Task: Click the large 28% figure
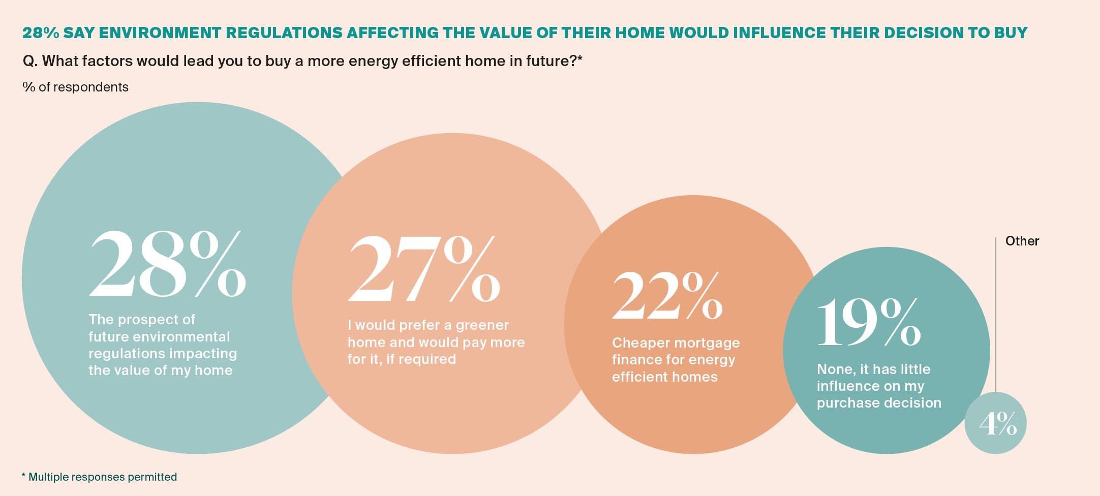168,263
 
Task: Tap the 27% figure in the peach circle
424,268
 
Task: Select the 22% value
667,295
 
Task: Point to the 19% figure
869,322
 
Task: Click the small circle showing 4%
995,423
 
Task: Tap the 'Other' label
1022,241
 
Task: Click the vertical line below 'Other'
996,315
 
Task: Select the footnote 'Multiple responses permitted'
103,477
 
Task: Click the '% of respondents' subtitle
75,87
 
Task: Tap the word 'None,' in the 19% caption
836,369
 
